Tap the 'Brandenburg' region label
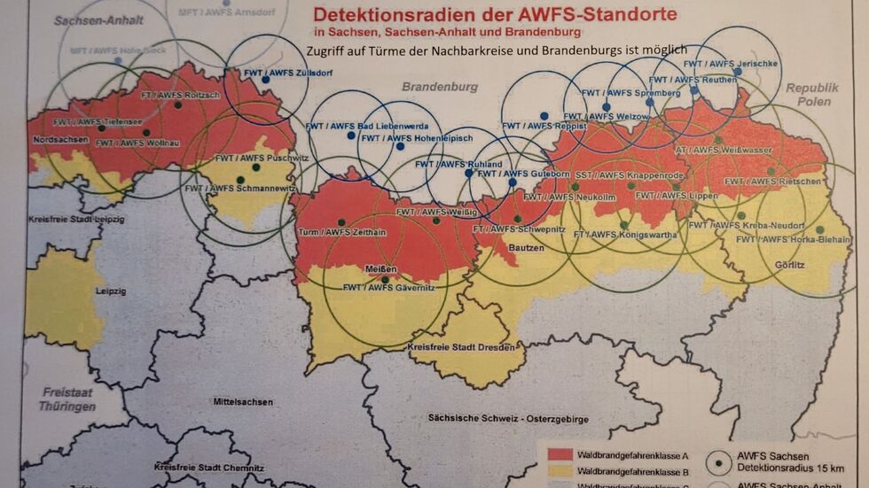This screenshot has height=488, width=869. pos(440,87)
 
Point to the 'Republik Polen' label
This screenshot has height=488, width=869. pos(811,95)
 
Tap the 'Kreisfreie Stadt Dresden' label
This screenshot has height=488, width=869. pos(460,346)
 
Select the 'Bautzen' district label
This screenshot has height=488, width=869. pos(527,248)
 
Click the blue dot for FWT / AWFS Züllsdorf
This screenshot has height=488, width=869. pos(265,80)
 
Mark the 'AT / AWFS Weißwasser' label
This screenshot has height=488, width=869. pos(712,151)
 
